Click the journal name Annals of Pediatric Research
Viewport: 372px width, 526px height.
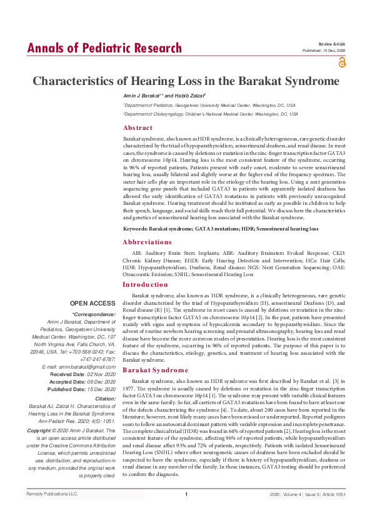104,48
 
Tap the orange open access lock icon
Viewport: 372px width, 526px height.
341,62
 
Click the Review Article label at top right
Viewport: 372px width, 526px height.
332,44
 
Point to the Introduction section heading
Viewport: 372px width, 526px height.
145,284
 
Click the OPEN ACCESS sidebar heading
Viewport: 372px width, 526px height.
93,303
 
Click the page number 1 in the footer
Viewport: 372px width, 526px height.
186,512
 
